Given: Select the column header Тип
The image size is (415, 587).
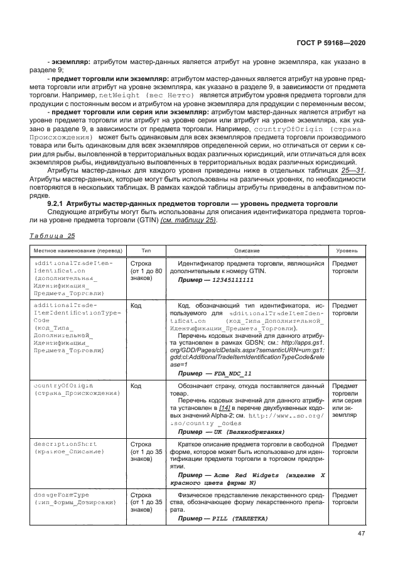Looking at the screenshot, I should click(x=146, y=250).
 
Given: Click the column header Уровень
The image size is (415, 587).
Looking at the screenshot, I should click(x=347, y=250).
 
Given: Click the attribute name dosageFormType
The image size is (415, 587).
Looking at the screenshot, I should click(x=58, y=495).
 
